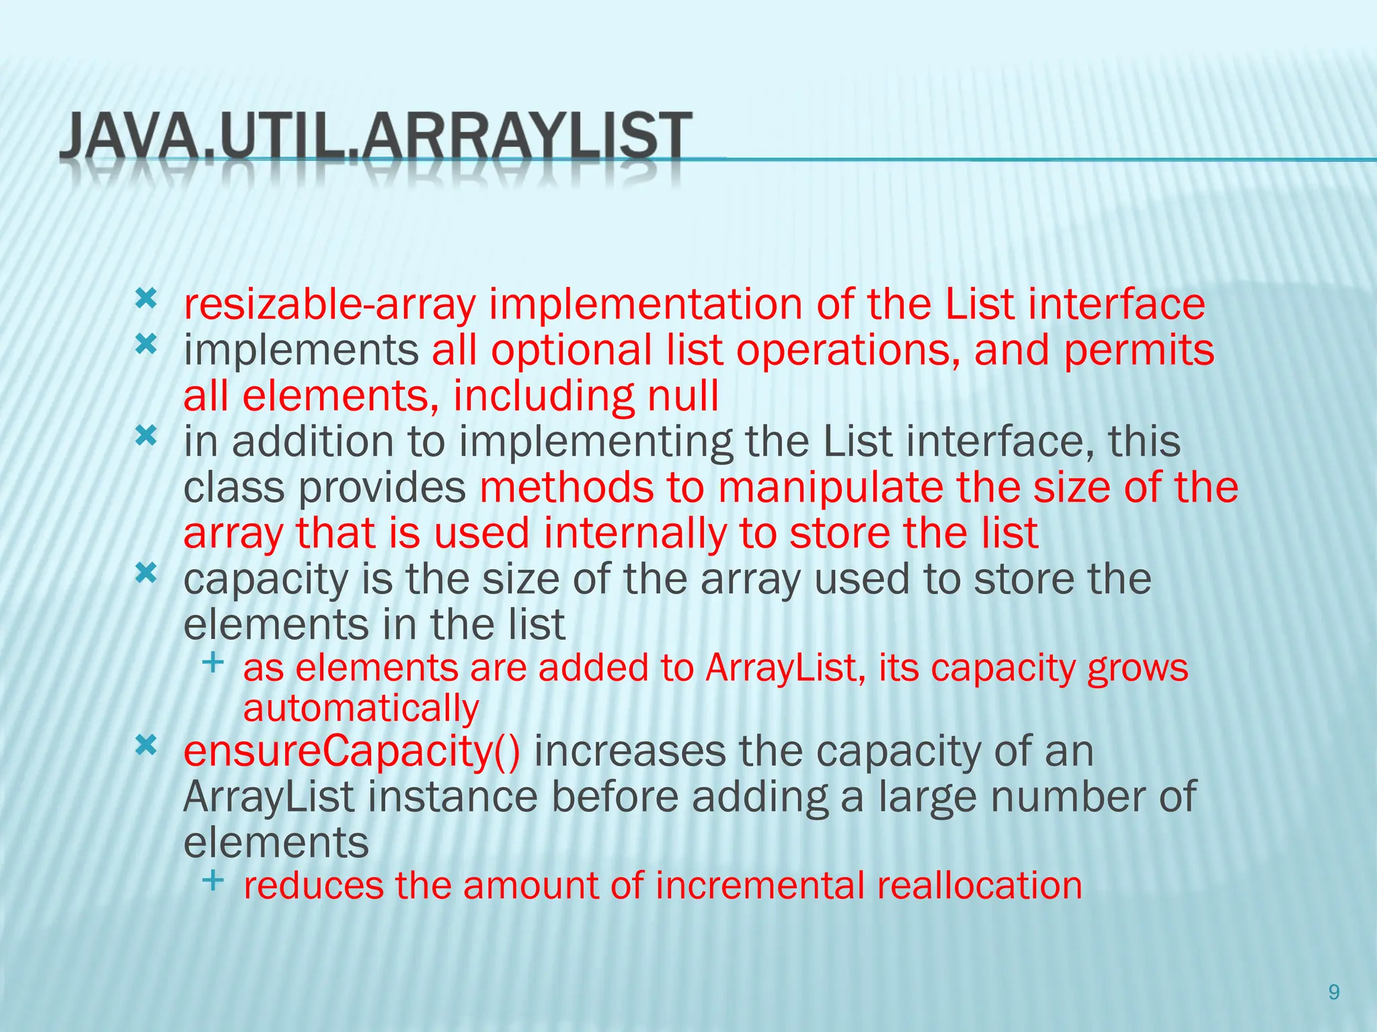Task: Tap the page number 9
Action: [x=1334, y=992]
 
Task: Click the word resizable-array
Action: [x=329, y=305]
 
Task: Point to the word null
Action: [x=682, y=396]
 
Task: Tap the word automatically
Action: [x=361, y=709]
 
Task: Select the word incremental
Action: [x=759, y=886]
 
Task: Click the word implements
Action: [x=301, y=351]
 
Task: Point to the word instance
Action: [x=453, y=797]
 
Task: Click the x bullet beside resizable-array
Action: [x=146, y=298]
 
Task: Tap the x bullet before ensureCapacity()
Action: [x=146, y=744]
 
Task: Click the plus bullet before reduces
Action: [x=212, y=879]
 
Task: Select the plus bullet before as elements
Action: [x=212, y=662]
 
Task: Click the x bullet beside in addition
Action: [x=146, y=437]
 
